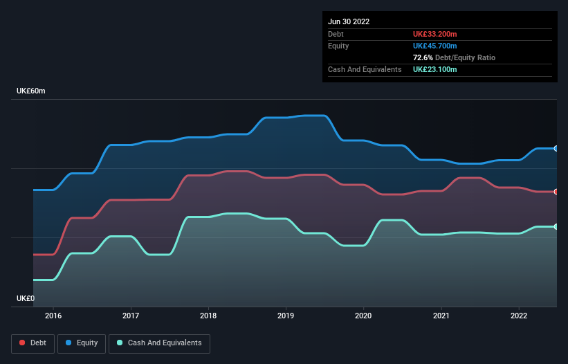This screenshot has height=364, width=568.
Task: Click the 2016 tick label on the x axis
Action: (x=53, y=316)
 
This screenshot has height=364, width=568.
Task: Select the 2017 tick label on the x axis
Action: (x=131, y=316)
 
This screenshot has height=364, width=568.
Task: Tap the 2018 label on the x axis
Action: (x=208, y=316)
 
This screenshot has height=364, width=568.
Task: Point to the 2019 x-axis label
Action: (x=286, y=316)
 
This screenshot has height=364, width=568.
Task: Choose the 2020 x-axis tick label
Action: (x=363, y=316)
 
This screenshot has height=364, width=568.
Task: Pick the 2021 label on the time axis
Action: (x=441, y=316)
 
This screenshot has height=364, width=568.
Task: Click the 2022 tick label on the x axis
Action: (x=518, y=316)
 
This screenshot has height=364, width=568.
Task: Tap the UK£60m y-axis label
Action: (x=30, y=91)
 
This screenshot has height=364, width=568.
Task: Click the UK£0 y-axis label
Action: (x=26, y=298)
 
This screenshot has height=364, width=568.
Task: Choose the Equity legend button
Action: (x=82, y=343)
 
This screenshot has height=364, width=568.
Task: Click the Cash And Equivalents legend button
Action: (x=159, y=343)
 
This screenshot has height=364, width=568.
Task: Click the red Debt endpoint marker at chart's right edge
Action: (x=556, y=192)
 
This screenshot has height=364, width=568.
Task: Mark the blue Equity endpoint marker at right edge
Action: (x=556, y=148)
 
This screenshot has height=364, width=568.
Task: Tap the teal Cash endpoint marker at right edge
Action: (x=556, y=226)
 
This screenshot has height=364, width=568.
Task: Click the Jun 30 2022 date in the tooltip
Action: (x=349, y=21)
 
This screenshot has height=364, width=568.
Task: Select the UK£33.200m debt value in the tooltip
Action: (x=434, y=34)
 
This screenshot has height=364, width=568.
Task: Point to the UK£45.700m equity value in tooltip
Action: (x=434, y=46)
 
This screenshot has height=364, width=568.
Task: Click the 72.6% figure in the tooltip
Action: (x=423, y=57)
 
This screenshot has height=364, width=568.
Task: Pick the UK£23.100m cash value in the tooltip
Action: (x=434, y=69)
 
